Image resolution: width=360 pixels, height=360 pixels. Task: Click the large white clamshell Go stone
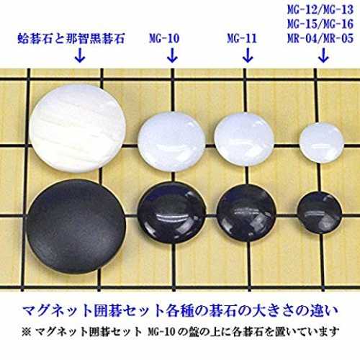tap(78, 128)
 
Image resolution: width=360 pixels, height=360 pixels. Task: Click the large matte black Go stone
tap(76, 227)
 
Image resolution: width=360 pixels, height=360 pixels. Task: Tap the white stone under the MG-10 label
tap(171, 142)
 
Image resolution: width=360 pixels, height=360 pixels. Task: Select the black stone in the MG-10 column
tap(172, 212)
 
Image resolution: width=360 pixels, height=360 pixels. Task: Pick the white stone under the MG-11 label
tap(244, 139)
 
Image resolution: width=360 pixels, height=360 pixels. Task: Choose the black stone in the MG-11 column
tap(246, 212)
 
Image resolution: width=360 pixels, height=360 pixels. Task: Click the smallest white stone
tap(321, 143)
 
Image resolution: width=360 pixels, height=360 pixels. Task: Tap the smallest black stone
tap(320, 212)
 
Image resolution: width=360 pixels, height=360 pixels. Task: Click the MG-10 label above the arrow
tap(164, 38)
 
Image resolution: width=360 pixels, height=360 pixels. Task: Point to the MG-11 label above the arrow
tap(242, 38)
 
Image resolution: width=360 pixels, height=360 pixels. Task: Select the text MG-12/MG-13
tap(320, 9)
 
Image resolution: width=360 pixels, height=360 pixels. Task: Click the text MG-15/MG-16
tap(320, 24)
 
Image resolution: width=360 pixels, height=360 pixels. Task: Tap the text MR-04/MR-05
tap(320, 38)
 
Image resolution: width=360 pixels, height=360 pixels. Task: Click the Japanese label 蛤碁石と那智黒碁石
tap(71, 38)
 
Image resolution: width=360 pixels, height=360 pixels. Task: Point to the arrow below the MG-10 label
tap(172, 55)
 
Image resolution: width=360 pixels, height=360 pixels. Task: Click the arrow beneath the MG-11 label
tap(248, 55)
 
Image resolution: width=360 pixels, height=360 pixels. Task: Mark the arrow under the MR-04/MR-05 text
tap(323, 55)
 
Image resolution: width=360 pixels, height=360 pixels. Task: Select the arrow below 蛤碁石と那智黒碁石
tap(80, 55)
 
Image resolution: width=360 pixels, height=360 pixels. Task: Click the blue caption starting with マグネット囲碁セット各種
tap(180, 311)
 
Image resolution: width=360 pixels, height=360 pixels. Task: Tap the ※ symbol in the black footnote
tap(26, 332)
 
